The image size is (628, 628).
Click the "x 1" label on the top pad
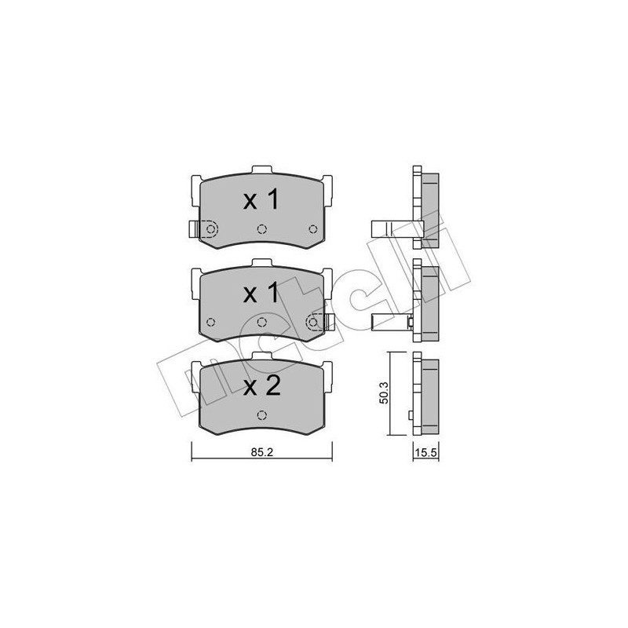coord(261,200)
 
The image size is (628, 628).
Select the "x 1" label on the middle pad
coord(261,294)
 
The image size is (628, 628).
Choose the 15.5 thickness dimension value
coord(425,453)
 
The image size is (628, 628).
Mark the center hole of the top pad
coord(262,229)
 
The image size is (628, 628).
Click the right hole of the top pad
coord(313,229)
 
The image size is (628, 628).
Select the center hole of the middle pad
coord(262,322)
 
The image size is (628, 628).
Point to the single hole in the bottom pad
coord(262,415)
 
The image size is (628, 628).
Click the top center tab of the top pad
coord(262,170)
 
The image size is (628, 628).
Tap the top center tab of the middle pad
coord(262,265)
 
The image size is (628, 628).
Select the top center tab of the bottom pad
coord(262,358)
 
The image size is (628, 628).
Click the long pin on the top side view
coord(389,228)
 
